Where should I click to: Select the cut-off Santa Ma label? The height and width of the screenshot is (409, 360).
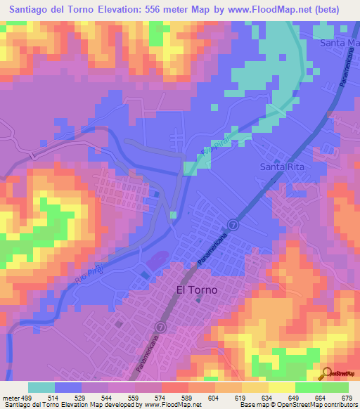click(339, 44)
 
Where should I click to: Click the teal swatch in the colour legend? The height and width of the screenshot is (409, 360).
click(41, 387)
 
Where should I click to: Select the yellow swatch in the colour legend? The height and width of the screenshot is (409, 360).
click(281, 387)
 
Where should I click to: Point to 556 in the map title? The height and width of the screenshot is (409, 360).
click(158, 10)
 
